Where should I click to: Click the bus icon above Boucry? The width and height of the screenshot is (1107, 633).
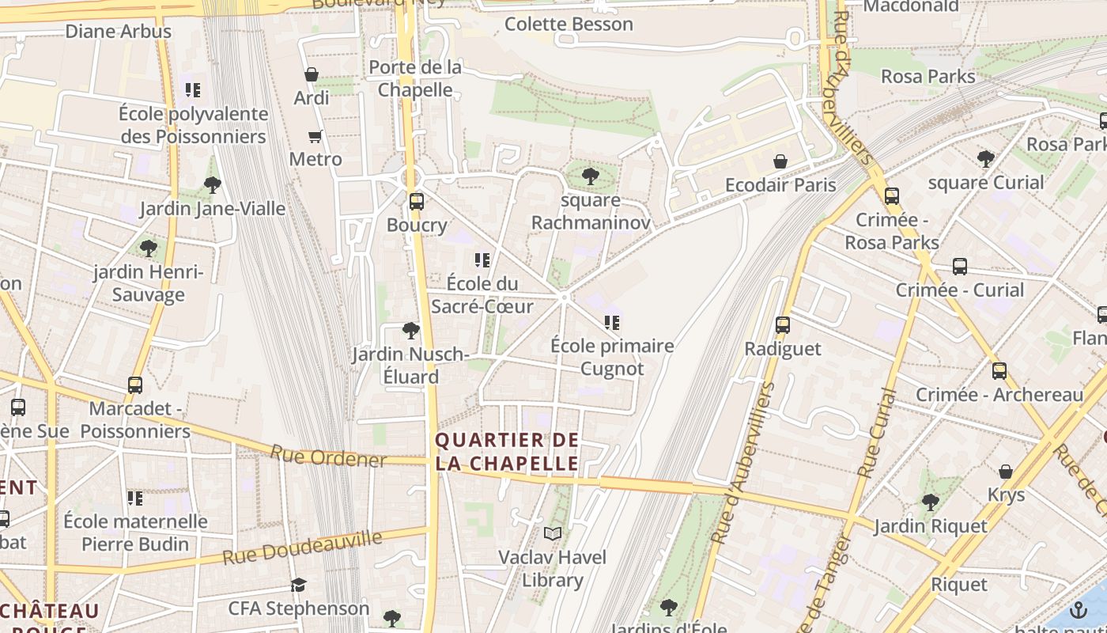click(x=417, y=201)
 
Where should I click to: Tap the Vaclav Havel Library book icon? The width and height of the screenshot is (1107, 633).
click(x=553, y=533)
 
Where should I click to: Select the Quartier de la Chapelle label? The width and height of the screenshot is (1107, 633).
click(x=507, y=452)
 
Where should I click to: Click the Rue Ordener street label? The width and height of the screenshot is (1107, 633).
click(x=328, y=457)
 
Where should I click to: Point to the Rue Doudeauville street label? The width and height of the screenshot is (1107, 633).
click(x=302, y=548)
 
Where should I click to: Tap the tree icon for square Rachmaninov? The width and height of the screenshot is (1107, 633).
click(x=590, y=176)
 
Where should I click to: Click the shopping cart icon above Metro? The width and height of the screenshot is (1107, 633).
click(x=315, y=136)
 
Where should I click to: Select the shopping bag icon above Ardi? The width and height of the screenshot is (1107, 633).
click(x=312, y=74)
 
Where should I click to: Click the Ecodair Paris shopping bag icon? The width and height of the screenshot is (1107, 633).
click(x=780, y=161)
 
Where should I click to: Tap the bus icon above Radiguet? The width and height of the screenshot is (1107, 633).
click(x=783, y=324)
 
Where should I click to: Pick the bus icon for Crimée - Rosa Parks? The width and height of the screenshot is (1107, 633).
click(x=892, y=195)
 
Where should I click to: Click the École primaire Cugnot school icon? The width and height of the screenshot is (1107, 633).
click(x=611, y=322)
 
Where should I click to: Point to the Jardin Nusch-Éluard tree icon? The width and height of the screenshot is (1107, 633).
click(x=410, y=330)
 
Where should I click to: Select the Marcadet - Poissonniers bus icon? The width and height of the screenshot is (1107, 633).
click(x=135, y=385)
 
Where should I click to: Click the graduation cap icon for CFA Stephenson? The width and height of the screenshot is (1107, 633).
click(x=298, y=585)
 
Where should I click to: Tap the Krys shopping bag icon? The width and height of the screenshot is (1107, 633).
click(x=1006, y=472)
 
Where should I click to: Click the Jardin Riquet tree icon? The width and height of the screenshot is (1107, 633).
click(x=930, y=502)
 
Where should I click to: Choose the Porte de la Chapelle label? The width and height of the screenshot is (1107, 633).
click(x=415, y=78)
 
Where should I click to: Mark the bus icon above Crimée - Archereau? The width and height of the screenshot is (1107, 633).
click(x=999, y=370)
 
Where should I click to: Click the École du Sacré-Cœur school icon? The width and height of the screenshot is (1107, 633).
click(x=482, y=260)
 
